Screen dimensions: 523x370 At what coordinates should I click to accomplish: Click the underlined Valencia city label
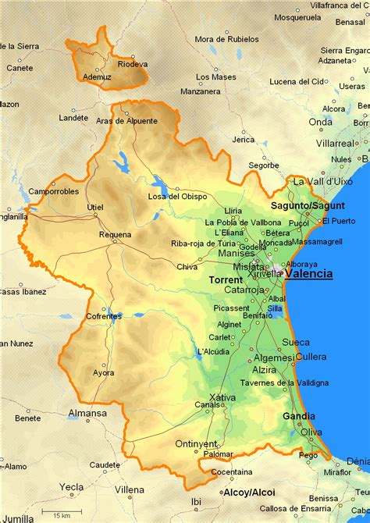(308, 274)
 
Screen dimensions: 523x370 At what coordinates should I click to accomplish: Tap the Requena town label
(115, 234)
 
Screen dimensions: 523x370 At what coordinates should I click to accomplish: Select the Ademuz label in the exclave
(96, 77)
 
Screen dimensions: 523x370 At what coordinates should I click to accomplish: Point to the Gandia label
(299, 416)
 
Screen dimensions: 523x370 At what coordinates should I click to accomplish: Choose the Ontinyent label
(194, 443)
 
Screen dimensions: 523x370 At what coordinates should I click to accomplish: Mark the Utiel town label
(95, 207)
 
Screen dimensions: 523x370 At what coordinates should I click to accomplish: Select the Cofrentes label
(104, 316)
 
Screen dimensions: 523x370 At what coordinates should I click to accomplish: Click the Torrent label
(226, 279)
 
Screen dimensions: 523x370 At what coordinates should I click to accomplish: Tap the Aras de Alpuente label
(126, 121)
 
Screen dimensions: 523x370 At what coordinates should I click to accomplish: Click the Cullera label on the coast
(311, 356)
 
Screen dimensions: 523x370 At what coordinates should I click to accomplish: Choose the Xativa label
(222, 397)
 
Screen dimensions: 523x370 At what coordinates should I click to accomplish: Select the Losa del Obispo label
(177, 196)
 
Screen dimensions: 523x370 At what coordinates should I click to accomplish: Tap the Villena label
(130, 489)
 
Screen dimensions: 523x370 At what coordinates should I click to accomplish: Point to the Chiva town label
(187, 266)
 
